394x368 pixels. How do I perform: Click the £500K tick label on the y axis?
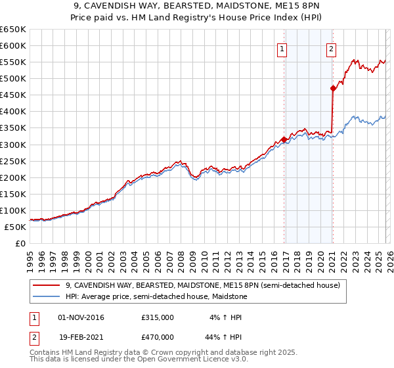13,79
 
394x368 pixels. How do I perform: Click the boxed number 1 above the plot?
282,49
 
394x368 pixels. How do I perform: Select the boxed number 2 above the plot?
331,49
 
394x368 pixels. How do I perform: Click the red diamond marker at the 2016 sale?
284,139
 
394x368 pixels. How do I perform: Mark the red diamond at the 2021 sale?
334,88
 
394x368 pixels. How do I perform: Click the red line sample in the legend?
47,286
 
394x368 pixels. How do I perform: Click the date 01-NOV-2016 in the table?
81,317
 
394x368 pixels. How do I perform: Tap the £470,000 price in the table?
158,337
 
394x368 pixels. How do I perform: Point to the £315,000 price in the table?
158,317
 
